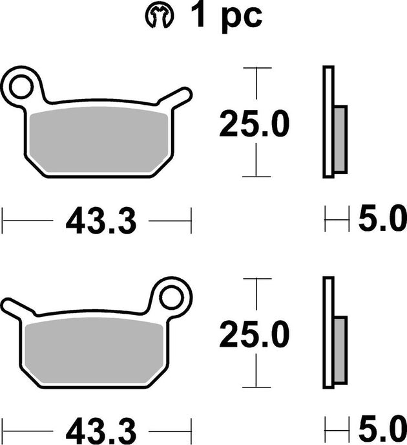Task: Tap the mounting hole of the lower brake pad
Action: pos(172,297)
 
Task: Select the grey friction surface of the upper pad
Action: pos(97,139)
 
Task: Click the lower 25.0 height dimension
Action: pos(254,335)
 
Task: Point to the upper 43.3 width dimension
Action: pos(100,221)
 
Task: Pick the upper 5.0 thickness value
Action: pos(382,220)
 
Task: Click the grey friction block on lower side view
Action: pos(340,350)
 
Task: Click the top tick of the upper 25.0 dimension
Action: pos(257,67)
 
